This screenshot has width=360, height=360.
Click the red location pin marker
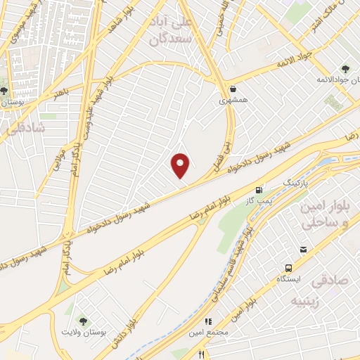tap(181, 166)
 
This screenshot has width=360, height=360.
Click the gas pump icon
tap(259, 189)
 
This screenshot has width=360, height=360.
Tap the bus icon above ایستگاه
tap(288, 268)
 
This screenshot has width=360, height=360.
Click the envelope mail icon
tap(303, 250)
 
